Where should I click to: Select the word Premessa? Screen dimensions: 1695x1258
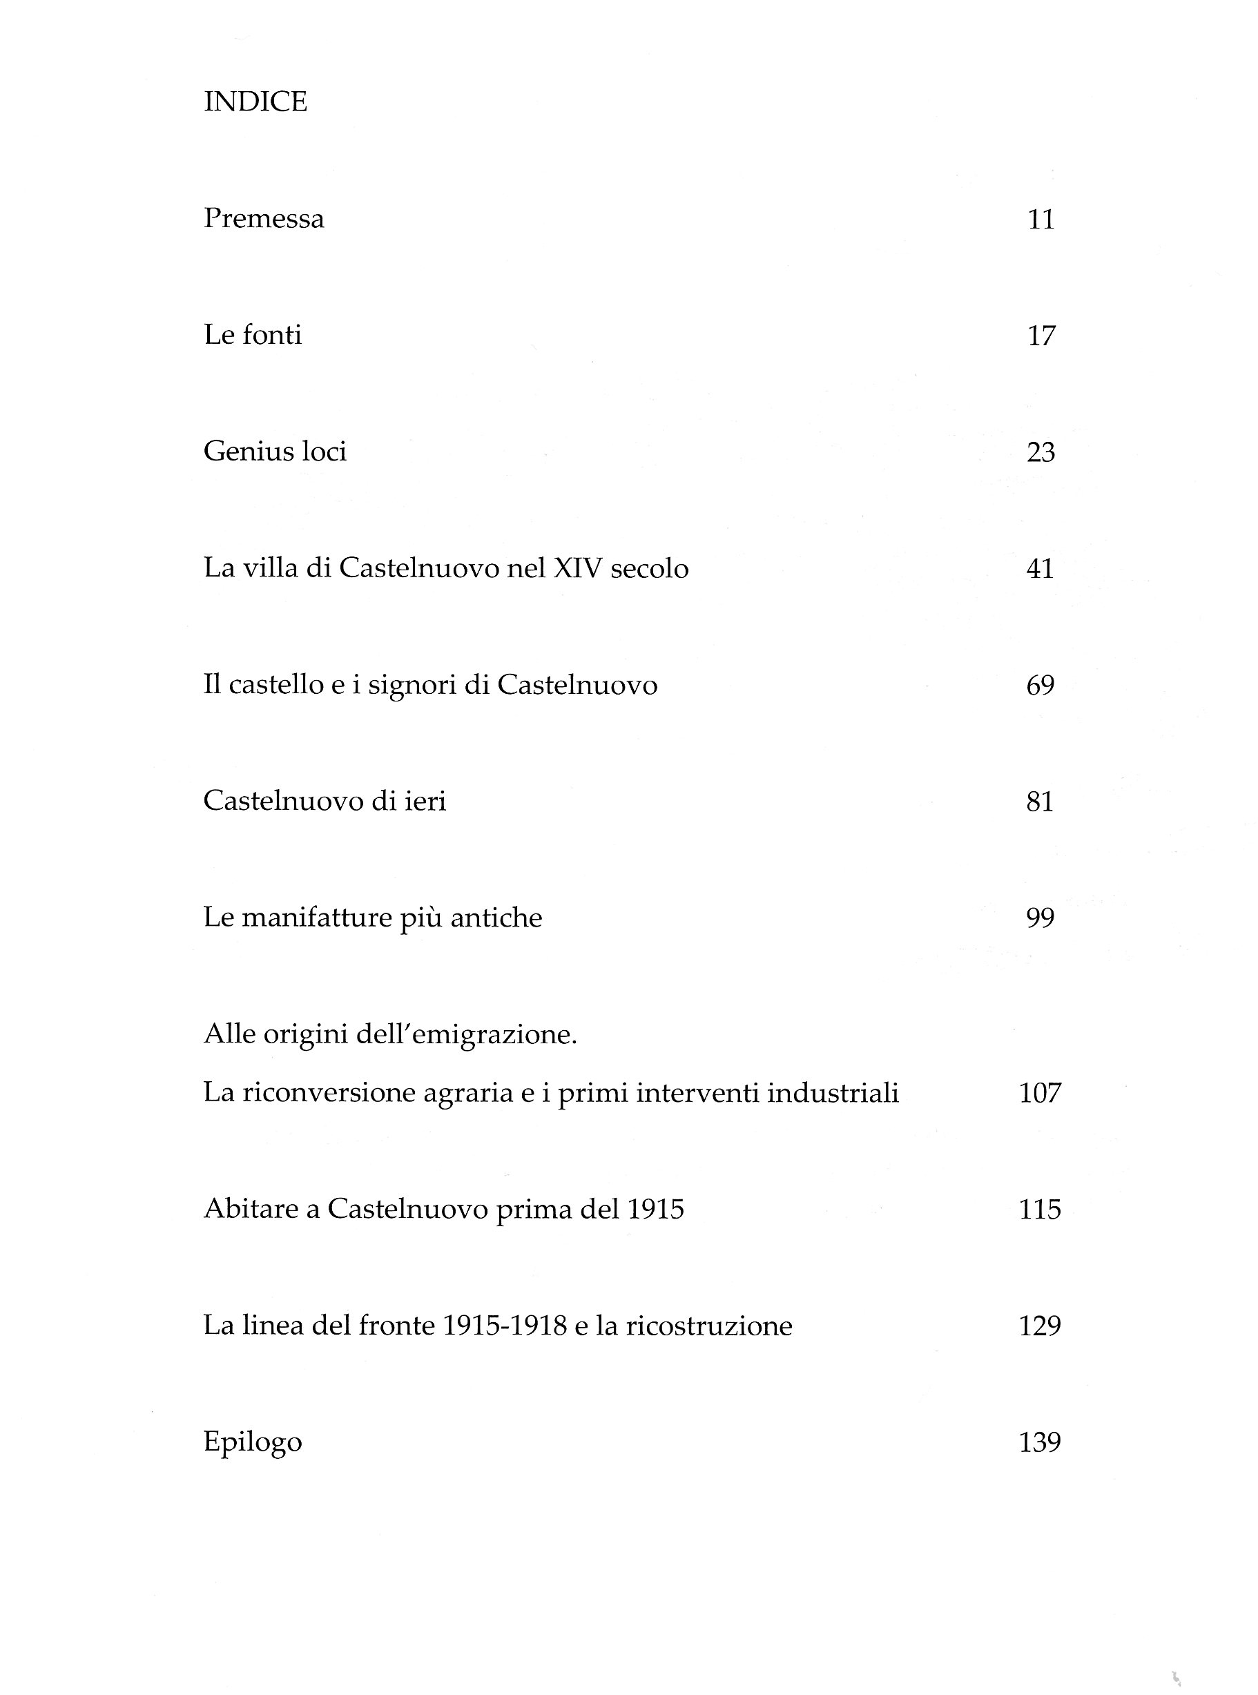coord(264,220)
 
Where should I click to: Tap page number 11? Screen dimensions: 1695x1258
coord(1041,220)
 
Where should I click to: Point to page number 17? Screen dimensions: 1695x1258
coord(1041,336)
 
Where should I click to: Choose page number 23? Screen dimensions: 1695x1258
coord(1041,452)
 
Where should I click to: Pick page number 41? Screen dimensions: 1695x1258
coord(1041,569)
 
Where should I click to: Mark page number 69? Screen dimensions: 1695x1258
coord(1041,686)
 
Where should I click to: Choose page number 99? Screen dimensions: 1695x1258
coord(1041,918)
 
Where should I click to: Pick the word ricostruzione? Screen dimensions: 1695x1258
coord(709,1326)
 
